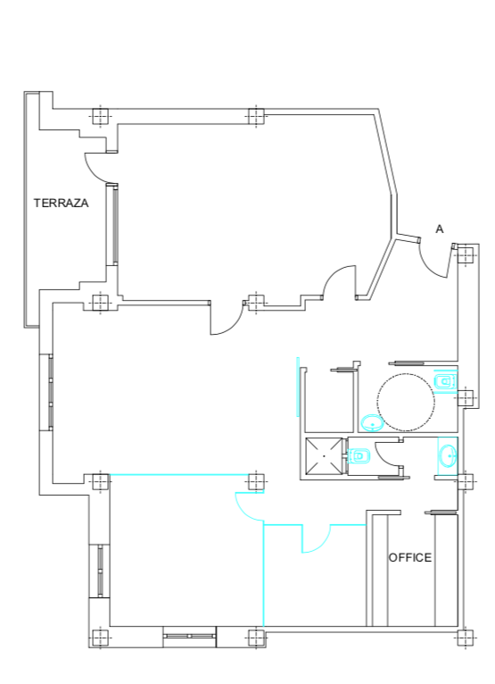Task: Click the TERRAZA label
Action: pyautogui.click(x=62, y=204)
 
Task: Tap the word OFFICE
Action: pyautogui.click(x=410, y=557)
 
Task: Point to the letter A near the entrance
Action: pyautogui.click(x=440, y=229)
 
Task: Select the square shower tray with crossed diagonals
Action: pyautogui.click(x=324, y=455)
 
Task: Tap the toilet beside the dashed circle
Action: pyautogui.click(x=444, y=381)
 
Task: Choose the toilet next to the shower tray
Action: pyautogui.click(x=359, y=456)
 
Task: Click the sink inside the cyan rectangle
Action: pyautogui.click(x=449, y=456)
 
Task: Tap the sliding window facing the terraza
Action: pyautogui.click(x=115, y=224)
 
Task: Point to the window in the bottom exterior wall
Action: pyautogui.click(x=190, y=636)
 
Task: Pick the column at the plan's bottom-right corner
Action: pyautogui.click(x=466, y=639)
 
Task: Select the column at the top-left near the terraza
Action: pyautogui.click(x=100, y=116)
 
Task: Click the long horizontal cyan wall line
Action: pyautogui.click(x=178, y=475)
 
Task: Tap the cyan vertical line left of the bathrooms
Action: pyautogui.click(x=298, y=387)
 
